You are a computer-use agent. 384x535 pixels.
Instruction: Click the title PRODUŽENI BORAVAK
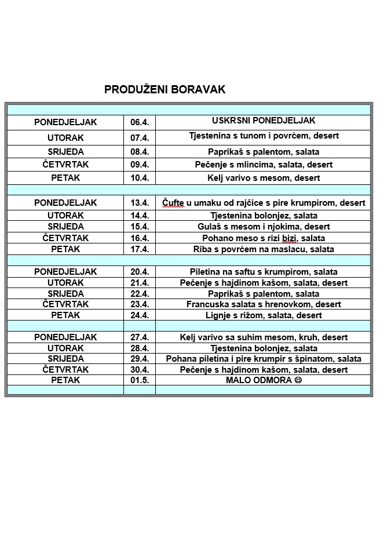(164, 90)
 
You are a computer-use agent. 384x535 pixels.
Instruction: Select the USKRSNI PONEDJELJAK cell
(264, 121)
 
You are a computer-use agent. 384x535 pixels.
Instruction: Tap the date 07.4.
(140, 138)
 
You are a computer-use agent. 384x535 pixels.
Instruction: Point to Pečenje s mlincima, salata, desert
(264, 165)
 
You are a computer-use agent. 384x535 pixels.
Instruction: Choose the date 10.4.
(140, 178)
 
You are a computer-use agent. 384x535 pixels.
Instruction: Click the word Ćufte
(173, 203)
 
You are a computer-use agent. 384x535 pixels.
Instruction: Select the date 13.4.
(140, 203)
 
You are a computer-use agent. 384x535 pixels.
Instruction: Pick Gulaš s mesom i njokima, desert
(264, 227)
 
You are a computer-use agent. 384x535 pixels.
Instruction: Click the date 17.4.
(140, 249)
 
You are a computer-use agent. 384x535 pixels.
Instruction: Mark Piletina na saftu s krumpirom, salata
(264, 272)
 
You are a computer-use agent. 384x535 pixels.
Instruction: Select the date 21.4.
(140, 283)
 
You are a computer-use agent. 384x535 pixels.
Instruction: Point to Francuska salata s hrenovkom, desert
(264, 304)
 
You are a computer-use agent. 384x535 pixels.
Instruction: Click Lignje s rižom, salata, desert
(264, 315)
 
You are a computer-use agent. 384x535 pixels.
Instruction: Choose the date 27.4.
(140, 337)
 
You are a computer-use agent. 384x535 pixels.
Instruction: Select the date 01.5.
(140, 380)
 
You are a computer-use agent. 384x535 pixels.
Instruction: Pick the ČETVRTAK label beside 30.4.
(65, 370)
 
